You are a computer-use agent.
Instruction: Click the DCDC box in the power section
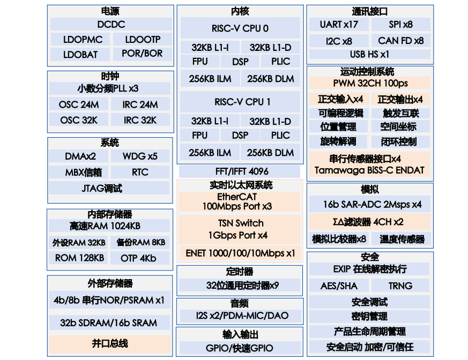click(111, 24)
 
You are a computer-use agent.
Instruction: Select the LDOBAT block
click(80, 54)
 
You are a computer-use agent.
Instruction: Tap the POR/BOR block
click(142, 54)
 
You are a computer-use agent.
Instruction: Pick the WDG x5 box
click(140, 156)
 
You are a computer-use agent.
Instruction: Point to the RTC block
click(140, 172)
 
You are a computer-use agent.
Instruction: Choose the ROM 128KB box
click(79, 258)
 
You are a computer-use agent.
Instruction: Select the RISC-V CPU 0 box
click(240, 28)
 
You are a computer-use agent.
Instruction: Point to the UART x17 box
click(339, 24)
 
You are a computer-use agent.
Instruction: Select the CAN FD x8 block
click(400, 40)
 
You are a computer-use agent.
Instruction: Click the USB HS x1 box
click(369, 54)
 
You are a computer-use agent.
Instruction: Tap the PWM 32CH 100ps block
click(370, 83)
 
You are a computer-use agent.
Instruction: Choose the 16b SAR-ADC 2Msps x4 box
click(370, 204)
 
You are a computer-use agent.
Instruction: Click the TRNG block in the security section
click(400, 286)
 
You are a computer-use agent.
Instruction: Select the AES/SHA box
click(339, 286)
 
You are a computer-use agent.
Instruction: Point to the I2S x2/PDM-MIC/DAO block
click(240, 316)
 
